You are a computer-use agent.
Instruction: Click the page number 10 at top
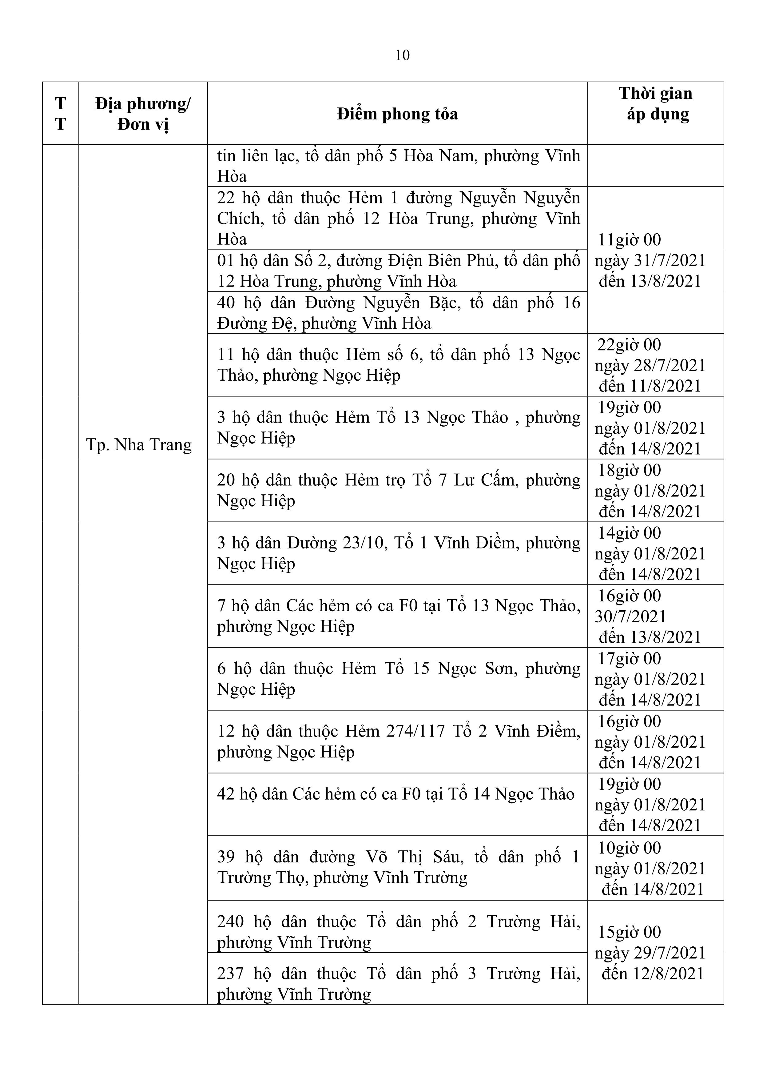click(x=403, y=55)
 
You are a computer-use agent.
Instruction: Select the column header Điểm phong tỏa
click(x=397, y=114)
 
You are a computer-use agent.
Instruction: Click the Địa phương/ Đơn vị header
click(x=143, y=114)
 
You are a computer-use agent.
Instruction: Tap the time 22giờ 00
click(x=629, y=345)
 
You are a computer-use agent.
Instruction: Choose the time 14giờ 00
click(x=629, y=533)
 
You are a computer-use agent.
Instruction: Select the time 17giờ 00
click(x=629, y=659)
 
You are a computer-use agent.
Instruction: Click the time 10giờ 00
click(x=629, y=848)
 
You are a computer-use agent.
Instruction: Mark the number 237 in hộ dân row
click(x=230, y=973)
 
